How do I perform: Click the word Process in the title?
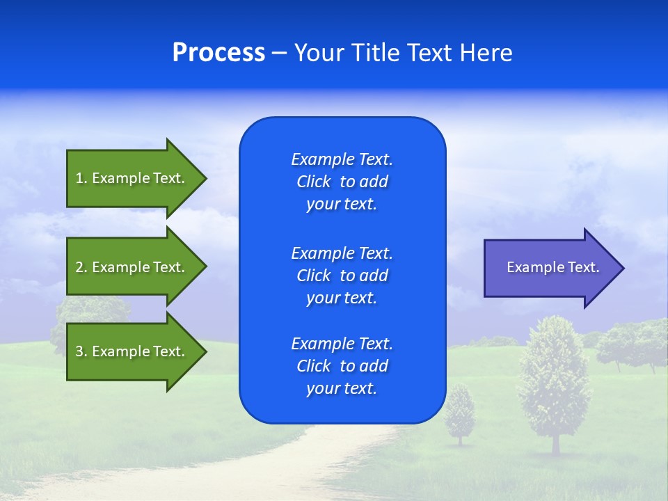coord(218,53)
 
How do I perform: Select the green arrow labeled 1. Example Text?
coord(132,178)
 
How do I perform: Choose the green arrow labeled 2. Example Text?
coord(132,267)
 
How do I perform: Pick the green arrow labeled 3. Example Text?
coord(132,351)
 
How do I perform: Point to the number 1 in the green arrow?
coord(79,178)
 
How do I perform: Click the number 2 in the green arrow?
coord(79,267)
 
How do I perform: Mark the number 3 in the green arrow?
coord(79,351)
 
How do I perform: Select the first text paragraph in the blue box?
coord(342,182)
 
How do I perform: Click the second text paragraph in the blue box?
coord(342,276)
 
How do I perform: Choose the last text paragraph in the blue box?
coord(342,366)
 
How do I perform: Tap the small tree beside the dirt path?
coord(459,414)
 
